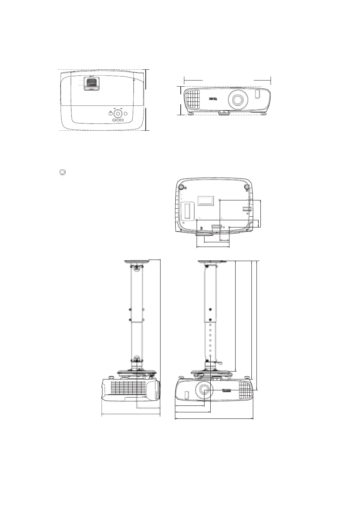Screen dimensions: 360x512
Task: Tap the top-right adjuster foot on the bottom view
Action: point(247,187)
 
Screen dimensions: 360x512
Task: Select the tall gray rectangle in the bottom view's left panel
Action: point(188,211)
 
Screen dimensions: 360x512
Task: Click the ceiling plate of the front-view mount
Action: point(211,261)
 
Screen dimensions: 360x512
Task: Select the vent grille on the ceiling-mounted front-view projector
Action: point(245,390)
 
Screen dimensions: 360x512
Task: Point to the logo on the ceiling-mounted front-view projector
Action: point(227,390)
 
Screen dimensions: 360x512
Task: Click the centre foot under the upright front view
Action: point(224,112)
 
